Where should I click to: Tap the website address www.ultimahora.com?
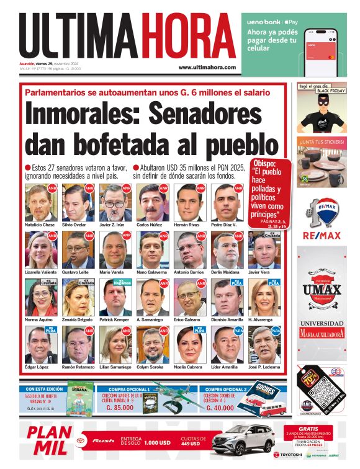[207, 67]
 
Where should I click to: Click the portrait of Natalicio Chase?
[40, 202]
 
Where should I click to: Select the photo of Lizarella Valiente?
[40, 250]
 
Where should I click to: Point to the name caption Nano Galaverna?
[152, 272]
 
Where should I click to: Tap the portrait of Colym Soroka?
[152, 344]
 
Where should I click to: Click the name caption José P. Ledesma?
[265, 367]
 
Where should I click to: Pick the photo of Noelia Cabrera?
[189, 344]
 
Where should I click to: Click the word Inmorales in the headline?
[87, 116]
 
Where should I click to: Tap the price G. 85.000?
[121, 408]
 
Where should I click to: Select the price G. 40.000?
[221, 408]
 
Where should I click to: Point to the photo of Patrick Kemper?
[115, 298]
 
